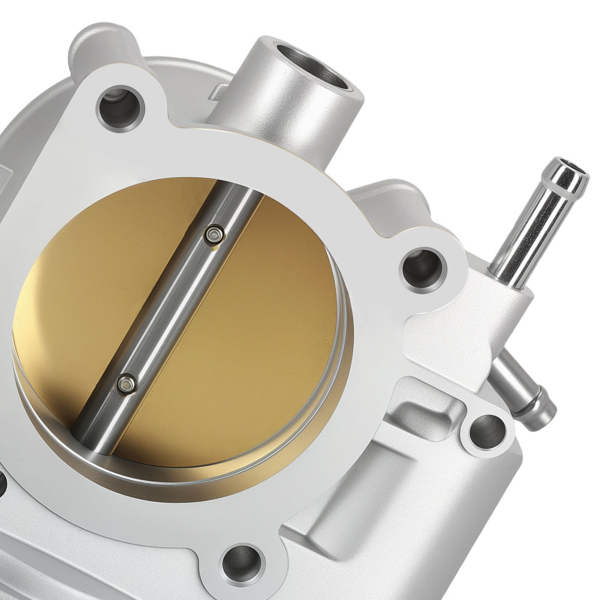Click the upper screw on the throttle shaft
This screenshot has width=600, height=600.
click(x=214, y=235)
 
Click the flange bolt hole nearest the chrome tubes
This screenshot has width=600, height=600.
click(x=423, y=268)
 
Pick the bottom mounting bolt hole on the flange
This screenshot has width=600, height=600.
click(x=242, y=562)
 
